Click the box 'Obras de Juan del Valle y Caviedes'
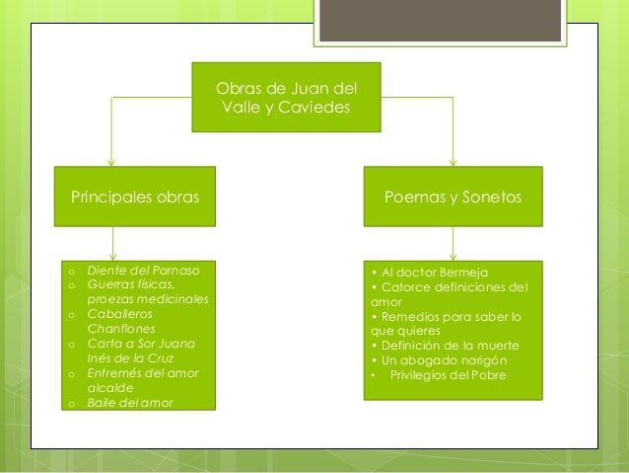click(x=285, y=98)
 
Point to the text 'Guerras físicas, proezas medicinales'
click(x=148, y=291)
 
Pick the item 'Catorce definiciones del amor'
click(x=449, y=294)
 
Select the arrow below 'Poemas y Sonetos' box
click(x=453, y=245)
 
